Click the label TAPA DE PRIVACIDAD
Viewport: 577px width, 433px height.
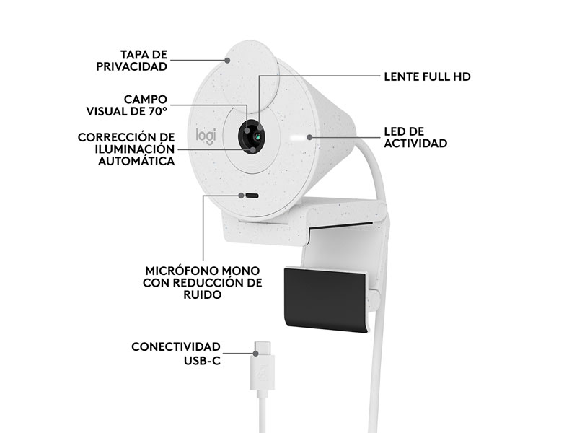tap(132, 61)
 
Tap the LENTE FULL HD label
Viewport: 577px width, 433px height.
tap(427, 76)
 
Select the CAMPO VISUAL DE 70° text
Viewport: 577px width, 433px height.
tap(127, 105)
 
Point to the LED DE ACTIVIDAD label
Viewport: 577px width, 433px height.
tap(415, 137)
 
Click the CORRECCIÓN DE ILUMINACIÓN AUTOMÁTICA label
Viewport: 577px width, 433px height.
tap(126, 149)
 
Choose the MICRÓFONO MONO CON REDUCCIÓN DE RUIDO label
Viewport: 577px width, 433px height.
tap(203, 283)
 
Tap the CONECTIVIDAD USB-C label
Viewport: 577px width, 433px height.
tap(176, 354)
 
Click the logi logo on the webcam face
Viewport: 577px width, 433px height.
tap(206, 136)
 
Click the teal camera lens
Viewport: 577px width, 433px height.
tap(258, 137)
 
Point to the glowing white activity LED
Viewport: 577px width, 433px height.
tap(297, 137)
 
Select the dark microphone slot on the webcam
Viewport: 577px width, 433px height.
tap(252, 196)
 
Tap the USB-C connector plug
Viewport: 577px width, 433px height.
tap(263, 367)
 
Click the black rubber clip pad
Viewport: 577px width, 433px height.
tap(326, 300)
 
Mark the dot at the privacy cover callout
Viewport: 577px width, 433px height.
tap(228, 60)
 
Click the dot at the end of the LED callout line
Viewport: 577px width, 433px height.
tap(309, 137)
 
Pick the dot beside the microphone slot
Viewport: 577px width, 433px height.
tap(241, 196)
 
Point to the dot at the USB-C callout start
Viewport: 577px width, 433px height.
tap(255, 354)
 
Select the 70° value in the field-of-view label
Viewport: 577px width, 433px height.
tap(158, 111)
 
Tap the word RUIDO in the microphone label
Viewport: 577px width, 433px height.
tap(203, 295)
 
